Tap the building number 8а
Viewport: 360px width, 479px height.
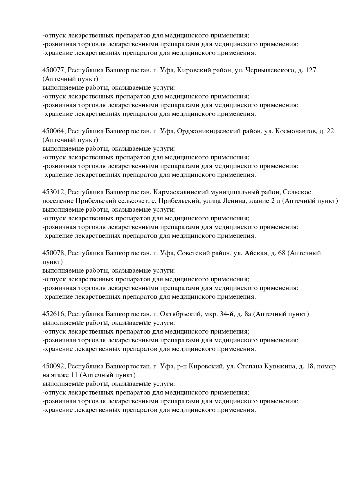247,314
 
